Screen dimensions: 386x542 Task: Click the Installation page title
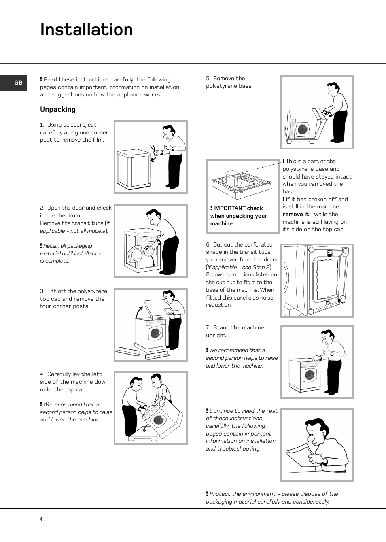(87, 30)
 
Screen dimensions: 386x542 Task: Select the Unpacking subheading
(58, 110)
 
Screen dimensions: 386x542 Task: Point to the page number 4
(41, 519)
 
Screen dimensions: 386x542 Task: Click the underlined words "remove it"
(295, 215)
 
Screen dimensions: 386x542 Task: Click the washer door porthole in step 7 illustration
(310, 375)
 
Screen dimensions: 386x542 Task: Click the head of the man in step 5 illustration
(333, 89)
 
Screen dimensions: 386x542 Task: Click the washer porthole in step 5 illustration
(301, 130)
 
